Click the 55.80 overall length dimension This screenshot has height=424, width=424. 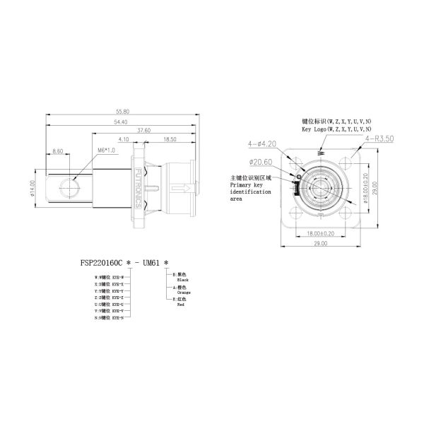tap(122, 112)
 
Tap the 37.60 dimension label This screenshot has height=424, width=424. tap(143, 131)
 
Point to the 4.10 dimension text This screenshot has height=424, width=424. tap(124, 140)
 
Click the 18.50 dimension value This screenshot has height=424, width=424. tap(169, 140)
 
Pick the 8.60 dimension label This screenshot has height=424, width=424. tap(58, 151)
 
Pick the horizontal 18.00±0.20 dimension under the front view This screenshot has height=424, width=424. tap(322, 232)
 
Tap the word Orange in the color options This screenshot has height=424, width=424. tap(184, 291)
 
